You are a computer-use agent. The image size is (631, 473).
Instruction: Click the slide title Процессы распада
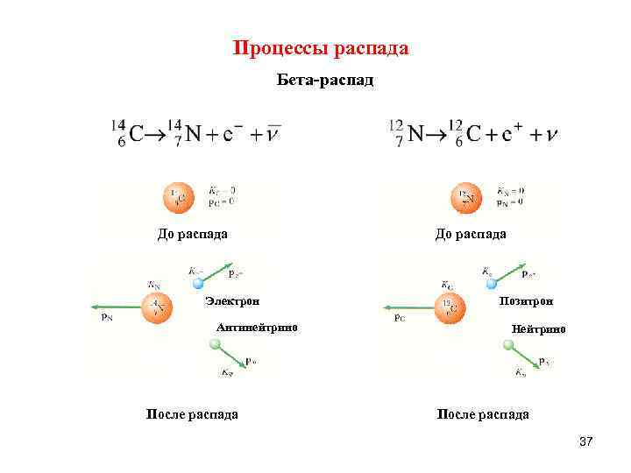click(x=321, y=48)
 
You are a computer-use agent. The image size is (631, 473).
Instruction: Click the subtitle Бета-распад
click(x=325, y=81)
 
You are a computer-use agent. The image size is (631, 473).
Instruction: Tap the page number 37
click(x=586, y=444)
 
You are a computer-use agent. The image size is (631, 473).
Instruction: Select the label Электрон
click(x=232, y=301)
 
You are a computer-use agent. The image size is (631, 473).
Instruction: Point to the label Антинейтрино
click(x=257, y=328)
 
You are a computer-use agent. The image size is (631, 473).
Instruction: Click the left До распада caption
click(x=193, y=234)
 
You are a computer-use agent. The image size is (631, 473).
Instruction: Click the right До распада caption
click(x=471, y=234)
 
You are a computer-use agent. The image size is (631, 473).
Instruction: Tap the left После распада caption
click(x=192, y=414)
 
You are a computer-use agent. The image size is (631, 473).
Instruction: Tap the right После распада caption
click(x=483, y=414)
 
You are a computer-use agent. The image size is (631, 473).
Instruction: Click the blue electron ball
click(x=198, y=283)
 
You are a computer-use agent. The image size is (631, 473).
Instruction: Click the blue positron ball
click(x=489, y=282)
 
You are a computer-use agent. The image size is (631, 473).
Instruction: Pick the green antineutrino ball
click(x=215, y=345)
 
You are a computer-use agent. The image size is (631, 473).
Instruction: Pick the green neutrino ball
click(x=507, y=345)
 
